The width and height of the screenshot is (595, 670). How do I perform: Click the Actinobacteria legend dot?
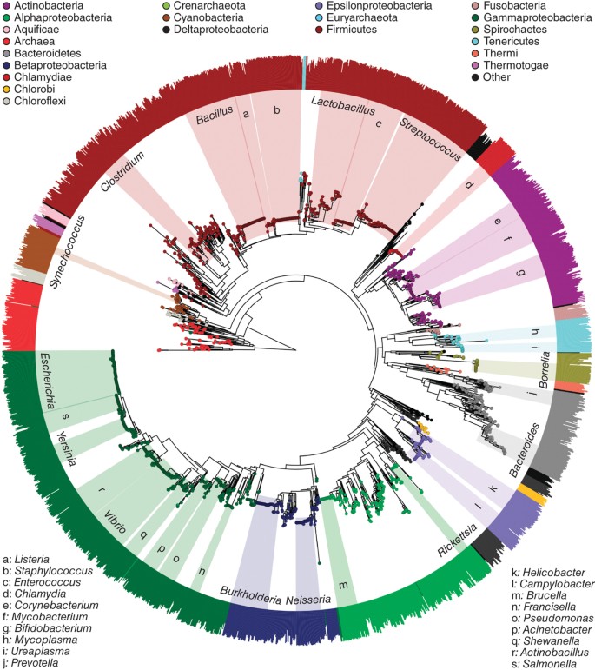(7, 6)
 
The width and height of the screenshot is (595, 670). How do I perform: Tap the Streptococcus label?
(423, 138)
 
